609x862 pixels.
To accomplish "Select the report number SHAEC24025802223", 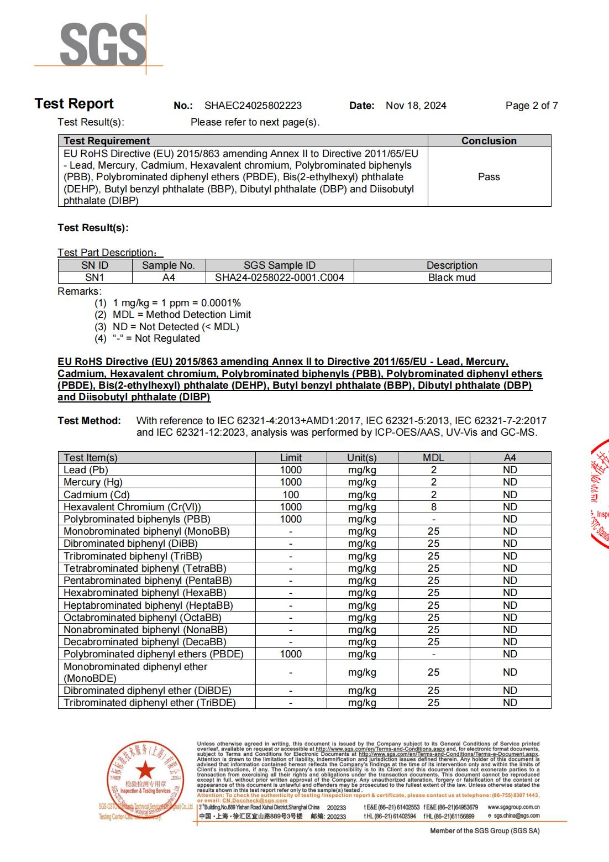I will point(253,106).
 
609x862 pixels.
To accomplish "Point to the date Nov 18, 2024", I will point(416,106).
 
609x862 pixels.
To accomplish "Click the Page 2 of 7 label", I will point(531,106).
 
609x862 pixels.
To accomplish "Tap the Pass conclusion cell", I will point(489,177).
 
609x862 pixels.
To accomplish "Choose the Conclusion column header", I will point(489,141).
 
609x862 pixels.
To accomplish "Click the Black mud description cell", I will point(452,278).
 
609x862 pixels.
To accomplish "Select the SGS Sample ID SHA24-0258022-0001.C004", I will point(279,278).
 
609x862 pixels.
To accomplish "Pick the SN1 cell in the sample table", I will point(95,278).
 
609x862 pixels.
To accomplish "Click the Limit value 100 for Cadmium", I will point(291,495).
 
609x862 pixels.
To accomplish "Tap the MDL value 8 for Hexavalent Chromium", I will point(434,507).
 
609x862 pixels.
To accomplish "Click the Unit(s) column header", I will point(362,458).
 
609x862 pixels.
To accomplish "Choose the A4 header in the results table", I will point(510,458).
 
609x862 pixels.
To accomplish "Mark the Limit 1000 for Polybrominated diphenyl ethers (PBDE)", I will point(291,654).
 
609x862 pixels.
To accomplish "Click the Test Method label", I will point(89,421).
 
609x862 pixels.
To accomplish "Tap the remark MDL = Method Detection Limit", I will point(181,315).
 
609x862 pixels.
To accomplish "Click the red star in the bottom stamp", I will point(145,769).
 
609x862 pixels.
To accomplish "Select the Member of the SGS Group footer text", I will point(485,831).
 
